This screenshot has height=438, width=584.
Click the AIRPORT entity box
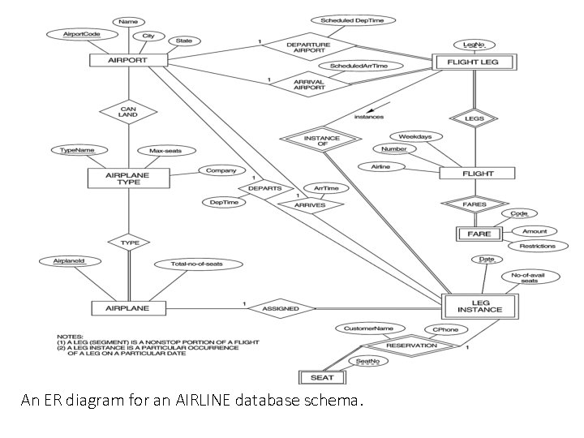tap(127, 61)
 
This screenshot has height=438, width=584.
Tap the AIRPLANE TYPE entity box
tap(128, 178)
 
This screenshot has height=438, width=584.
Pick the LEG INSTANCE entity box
tap(479, 305)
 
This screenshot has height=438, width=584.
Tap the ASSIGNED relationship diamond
tap(280, 308)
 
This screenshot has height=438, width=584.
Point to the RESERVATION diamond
tap(410, 346)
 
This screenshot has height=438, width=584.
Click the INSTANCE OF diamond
tap(322, 141)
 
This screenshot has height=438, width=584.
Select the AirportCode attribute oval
tap(82, 35)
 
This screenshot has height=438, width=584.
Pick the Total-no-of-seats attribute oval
tap(196, 264)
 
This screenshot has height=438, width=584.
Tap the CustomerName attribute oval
tap(369, 328)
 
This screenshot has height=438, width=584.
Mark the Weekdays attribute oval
tap(415, 136)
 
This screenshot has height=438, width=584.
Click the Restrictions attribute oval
tap(538, 246)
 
